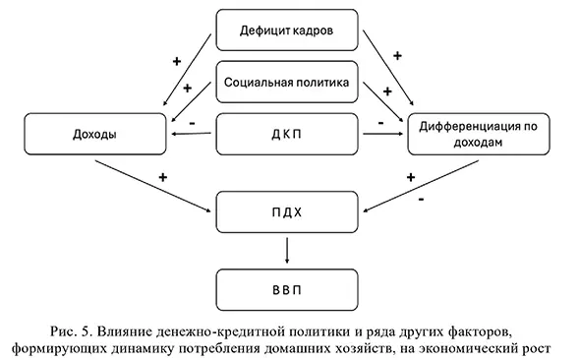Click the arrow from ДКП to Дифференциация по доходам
point(382,136)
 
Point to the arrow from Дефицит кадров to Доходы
point(187,69)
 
